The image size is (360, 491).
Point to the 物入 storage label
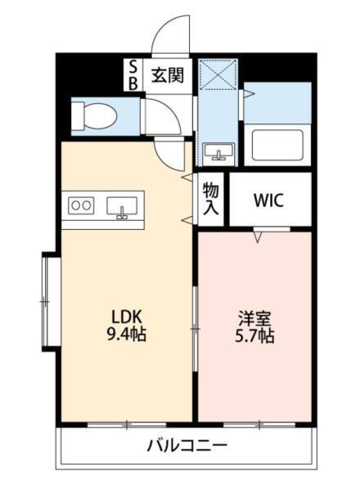click(210, 199)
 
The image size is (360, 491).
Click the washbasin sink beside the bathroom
click(218, 151)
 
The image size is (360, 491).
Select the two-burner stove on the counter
click(80, 205)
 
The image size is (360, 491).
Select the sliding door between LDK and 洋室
click(195, 327)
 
